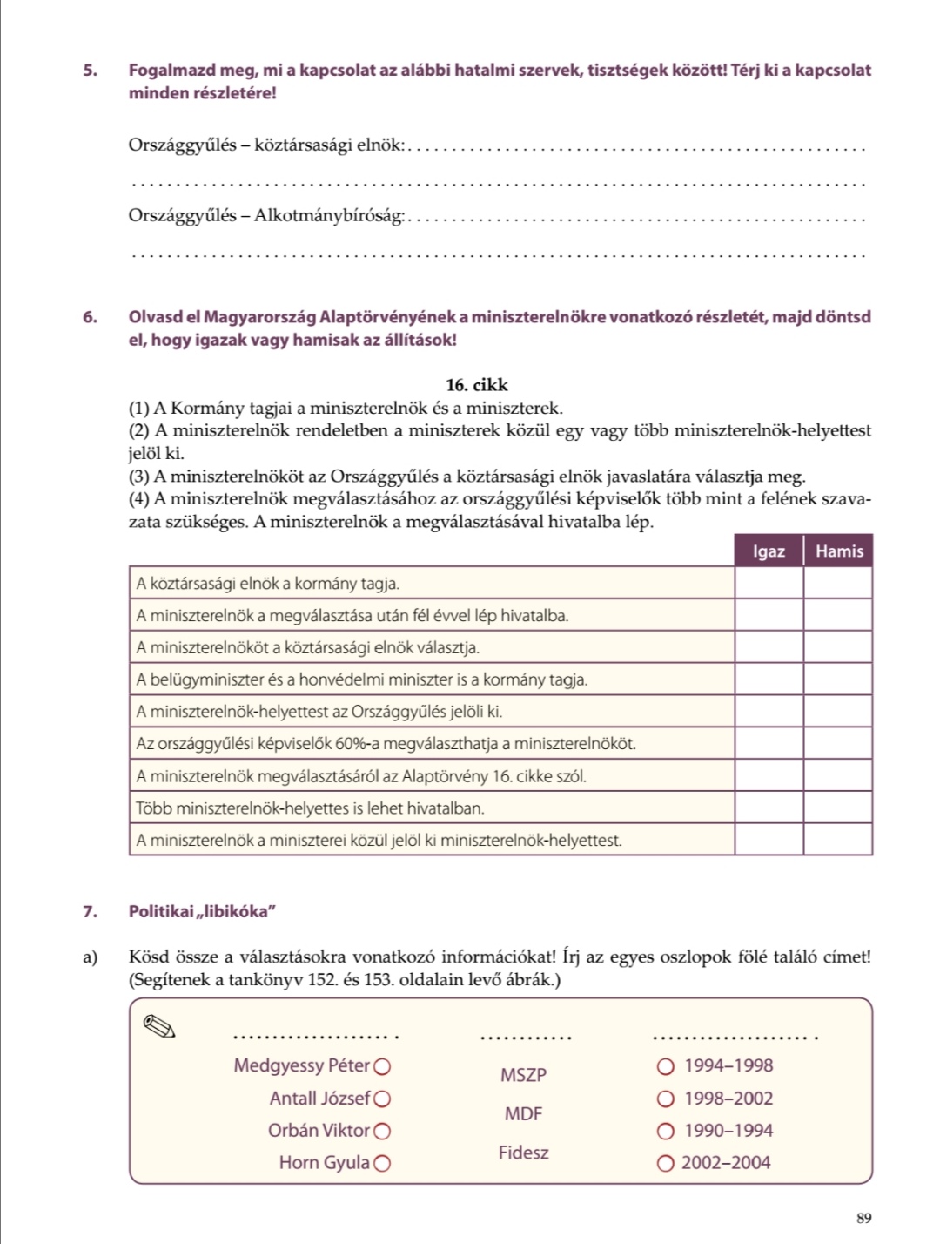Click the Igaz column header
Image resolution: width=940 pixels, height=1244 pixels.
tap(769, 551)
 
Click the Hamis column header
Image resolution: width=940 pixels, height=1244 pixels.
tap(838, 551)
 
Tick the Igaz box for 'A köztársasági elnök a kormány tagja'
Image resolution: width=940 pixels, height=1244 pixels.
tap(769, 584)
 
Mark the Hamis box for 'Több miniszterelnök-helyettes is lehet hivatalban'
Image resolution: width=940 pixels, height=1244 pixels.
tap(838, 808)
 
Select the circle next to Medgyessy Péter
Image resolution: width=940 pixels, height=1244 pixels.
tap(382, 1066)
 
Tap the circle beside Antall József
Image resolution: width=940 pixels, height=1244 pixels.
tap(382, 1099)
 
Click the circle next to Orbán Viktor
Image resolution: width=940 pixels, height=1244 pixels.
tap(382, 1131)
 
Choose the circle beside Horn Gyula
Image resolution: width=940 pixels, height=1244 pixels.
tap(382, 1163)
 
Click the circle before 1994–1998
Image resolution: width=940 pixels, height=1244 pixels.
tap(666, 1066)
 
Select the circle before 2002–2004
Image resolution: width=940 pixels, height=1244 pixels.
tap(666, 1163)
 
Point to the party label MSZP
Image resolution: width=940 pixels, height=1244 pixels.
tap(523, 1075)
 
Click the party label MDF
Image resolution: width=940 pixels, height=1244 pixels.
tap(523, 1113)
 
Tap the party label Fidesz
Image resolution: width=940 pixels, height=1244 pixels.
tap(523, 1153)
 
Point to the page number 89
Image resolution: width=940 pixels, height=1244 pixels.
tap(863, 1218)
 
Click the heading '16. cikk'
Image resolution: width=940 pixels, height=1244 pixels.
tap(476, 385)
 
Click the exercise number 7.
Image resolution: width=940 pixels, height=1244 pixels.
tap(90, 912)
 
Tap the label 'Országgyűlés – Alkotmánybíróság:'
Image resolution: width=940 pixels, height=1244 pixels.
tap(266, 215)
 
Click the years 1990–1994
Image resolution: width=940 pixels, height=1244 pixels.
tap(728, 1131)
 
